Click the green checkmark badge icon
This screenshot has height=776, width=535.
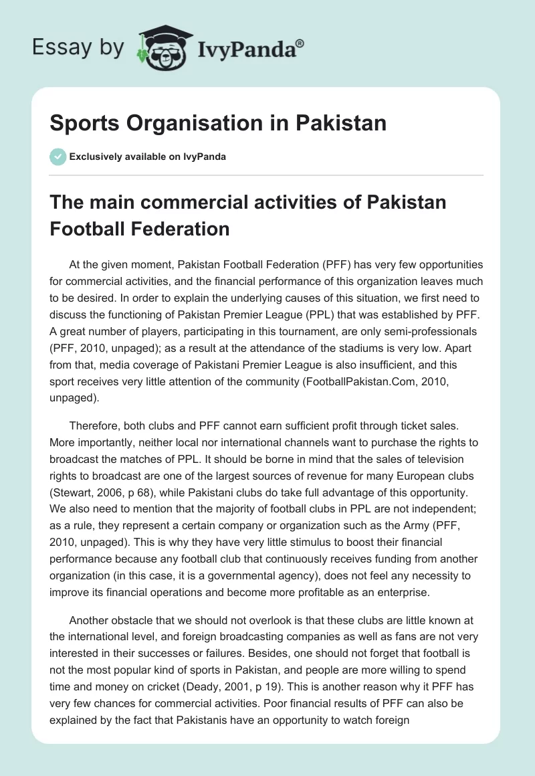[58, 157]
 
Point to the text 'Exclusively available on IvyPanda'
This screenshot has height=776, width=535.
[148, 157]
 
